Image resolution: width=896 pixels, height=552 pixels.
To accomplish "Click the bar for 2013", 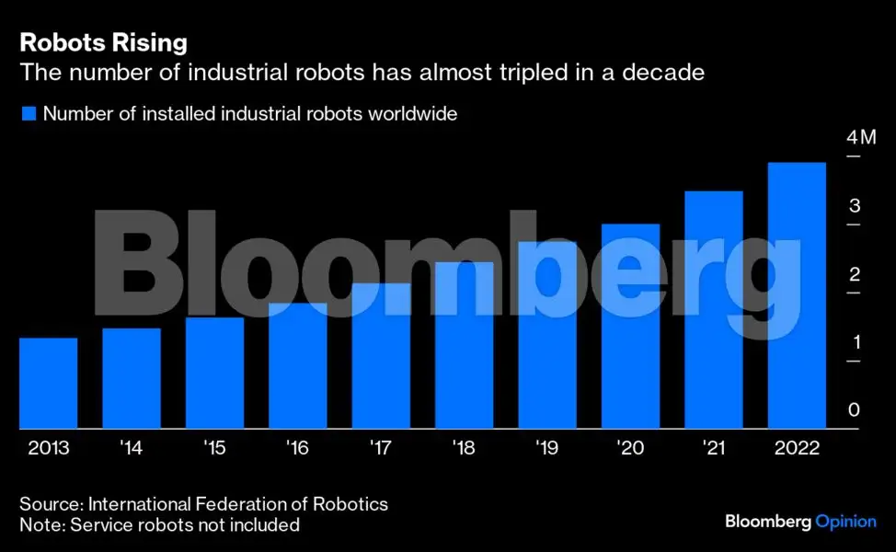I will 48,383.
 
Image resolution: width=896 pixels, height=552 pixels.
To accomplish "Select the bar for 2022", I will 797,295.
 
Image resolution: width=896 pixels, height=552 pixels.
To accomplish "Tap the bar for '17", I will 381,356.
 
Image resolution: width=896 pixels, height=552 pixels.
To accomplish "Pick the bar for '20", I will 630,326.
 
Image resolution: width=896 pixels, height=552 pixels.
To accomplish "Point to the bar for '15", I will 214,373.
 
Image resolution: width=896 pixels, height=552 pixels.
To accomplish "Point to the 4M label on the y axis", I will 862,138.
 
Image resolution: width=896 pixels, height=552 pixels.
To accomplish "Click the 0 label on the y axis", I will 854,410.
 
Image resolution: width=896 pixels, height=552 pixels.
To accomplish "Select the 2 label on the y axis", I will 855,274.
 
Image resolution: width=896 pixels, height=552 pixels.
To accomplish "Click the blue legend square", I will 28,114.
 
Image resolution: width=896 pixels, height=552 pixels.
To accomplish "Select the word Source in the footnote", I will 50,504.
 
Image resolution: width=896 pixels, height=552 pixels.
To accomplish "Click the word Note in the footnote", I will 39,525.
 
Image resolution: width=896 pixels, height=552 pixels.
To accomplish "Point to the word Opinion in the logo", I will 845,522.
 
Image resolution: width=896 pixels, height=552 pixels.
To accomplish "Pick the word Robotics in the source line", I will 353,504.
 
